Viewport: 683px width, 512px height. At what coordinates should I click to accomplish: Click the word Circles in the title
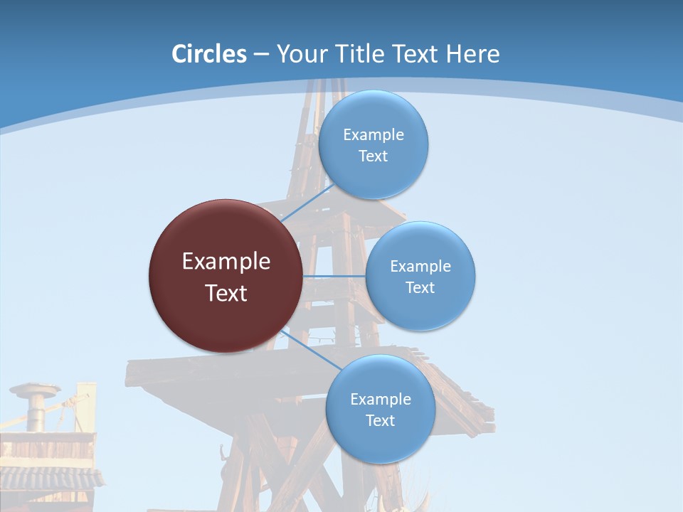click(x=209, y=54)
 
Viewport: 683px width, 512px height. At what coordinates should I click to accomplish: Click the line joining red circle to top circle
click(x=307, y=203)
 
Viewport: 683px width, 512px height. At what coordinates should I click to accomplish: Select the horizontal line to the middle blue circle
click(x=334, y=276)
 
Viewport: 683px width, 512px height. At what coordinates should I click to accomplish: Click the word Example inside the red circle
click(x=226, y=262)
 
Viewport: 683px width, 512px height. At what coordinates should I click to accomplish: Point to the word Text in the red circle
click(x=226, y=293)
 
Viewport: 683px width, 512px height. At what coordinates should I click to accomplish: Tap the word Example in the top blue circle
click(x=374, y=135)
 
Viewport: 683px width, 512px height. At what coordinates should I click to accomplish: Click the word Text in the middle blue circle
click(x=420, y=287)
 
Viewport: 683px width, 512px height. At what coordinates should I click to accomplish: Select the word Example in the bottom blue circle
click(x=381, y=399)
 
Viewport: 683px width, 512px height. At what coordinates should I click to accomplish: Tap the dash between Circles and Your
click(x=261, y=55)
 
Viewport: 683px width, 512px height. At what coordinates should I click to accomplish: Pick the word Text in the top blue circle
click(x=374, y=156)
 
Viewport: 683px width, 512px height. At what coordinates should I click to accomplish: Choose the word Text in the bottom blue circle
click(x=381, y=420)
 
